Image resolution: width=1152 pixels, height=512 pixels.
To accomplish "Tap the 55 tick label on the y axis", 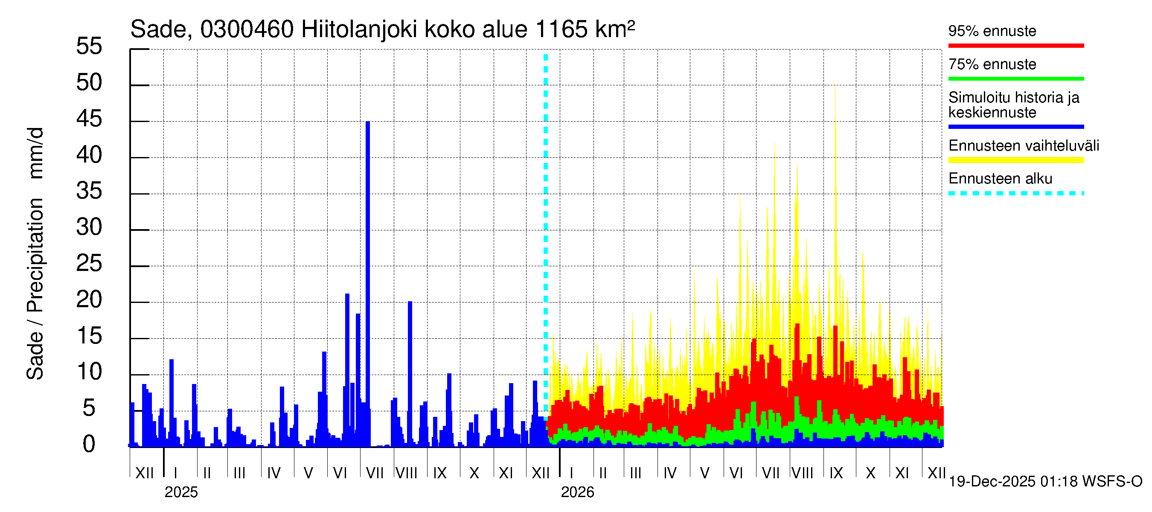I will pos(89,46).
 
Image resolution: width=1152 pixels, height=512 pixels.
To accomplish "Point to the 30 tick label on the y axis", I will pos(89,227).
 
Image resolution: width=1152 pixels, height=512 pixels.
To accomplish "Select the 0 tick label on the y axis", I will pos(89,444).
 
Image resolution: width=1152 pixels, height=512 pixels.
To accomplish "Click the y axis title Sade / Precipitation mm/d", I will pos(35,253).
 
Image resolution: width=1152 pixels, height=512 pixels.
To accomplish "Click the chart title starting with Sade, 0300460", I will pos(382,29).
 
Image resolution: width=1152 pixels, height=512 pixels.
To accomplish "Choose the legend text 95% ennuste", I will pos(992,31).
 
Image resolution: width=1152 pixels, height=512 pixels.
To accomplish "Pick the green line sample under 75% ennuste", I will pos(1015,79).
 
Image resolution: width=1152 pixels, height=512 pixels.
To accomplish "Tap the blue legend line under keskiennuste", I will pos(1015,127).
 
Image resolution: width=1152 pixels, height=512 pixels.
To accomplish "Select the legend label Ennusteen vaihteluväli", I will pos(1024,146).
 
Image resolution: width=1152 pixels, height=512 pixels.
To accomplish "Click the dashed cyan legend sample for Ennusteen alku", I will pos(1015,193).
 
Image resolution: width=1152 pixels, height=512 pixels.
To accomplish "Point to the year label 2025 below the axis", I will pos(181,492).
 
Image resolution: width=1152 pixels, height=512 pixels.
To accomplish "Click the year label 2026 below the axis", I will pos(577,492).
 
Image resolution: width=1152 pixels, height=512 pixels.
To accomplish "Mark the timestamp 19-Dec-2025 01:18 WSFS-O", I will pos(1045,482).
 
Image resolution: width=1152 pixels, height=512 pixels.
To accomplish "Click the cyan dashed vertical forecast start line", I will pos(546,224).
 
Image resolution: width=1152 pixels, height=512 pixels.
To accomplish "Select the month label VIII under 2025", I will pos(407,473).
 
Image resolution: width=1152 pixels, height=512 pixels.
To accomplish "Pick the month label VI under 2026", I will pos(736,473).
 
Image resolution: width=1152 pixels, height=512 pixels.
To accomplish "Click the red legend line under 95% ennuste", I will pos(1015,46).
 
